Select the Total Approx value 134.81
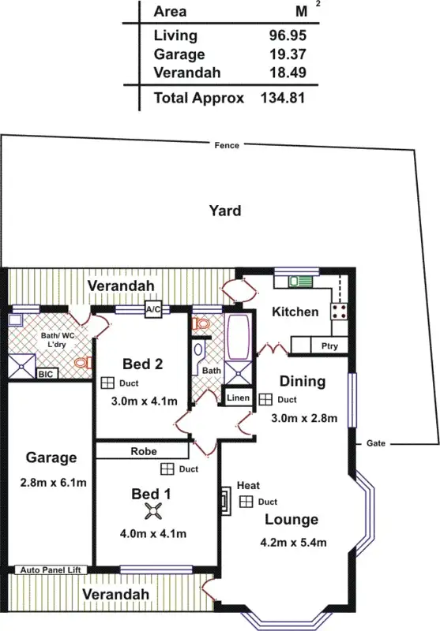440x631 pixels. [x=282, y=98]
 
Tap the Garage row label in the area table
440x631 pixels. [x=180, y=54]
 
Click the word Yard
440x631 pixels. [x=224, y=211]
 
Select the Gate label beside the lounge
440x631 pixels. [x=376, y=444]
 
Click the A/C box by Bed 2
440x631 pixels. [x=153, y=310]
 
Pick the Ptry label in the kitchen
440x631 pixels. [x=329, y=346]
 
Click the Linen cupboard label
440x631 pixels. [x=238, y=398]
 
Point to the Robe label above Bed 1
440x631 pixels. [x=143, y=452]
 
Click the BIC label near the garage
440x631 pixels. [x=46, y=375]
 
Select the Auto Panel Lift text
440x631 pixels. [x=53, y=569]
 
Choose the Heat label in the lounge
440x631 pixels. [x=247, y=485]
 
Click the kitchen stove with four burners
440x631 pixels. [x=340, y=309]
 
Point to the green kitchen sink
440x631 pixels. [x=300, y=282]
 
